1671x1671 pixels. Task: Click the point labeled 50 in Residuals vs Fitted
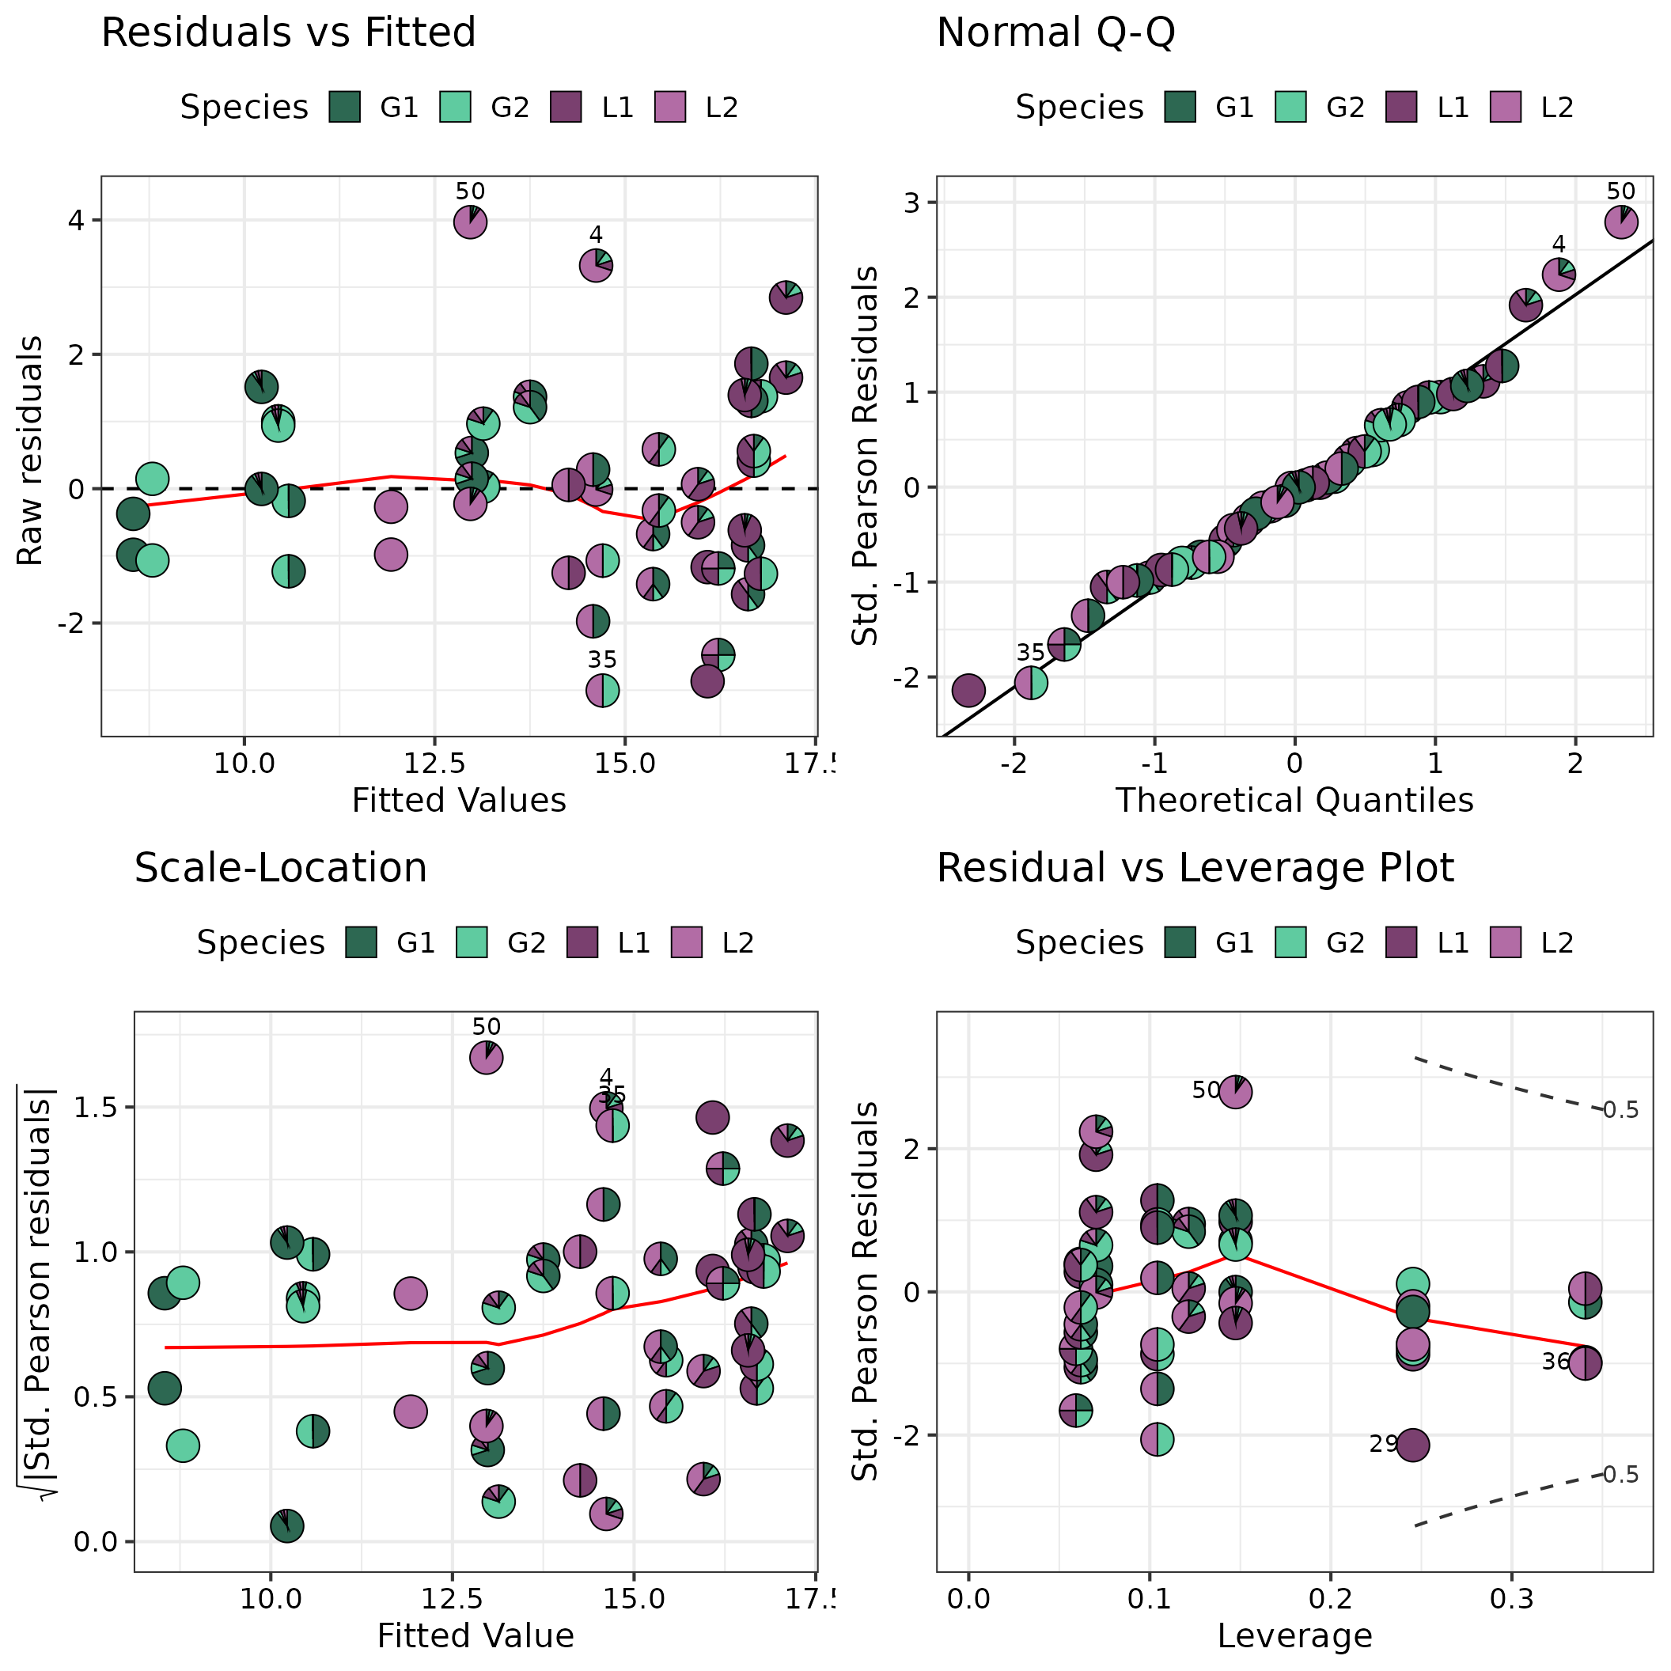tap(470, 222)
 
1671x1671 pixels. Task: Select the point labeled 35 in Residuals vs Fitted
tap(603, 690)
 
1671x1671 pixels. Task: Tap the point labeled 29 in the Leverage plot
tap(1412, 1446)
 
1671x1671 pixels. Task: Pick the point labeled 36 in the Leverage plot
tap(1585, 1364)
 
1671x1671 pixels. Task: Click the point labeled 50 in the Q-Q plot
tap(1621, 222)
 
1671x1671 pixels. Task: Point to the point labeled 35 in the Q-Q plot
tap(1031, 683)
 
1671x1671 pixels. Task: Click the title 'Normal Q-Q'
tap(1055, 34)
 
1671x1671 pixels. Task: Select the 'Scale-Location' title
tap(280, 867)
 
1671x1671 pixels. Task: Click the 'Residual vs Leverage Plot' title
tap(1195, 867)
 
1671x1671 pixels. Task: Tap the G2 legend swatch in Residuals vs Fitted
tap(455, 108)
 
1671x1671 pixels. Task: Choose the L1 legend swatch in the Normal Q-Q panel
tap(1401, 108)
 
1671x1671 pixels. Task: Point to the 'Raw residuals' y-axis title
tap(30, 452)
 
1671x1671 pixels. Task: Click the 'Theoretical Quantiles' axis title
tap(1294, 800)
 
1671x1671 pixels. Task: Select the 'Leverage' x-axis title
tap(1294, 1635)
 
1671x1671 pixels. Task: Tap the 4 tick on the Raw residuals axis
tap(77, 221)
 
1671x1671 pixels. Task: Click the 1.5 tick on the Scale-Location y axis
tap(96, 1108)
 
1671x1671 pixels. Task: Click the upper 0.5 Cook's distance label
tap(1620, 1110)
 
